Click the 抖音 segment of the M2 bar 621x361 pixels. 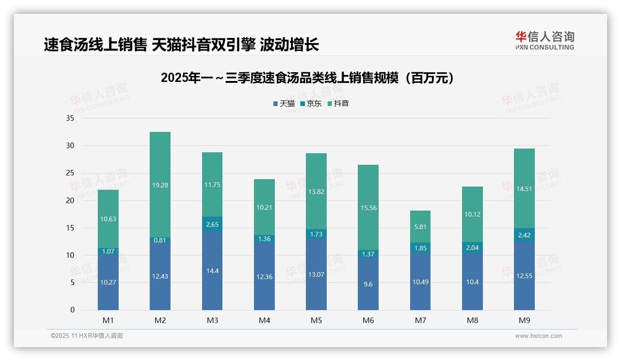[160, 185]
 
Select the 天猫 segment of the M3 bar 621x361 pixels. [212, 271]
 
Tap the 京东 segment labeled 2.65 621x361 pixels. [212, 224]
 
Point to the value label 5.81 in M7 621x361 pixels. [420, 227]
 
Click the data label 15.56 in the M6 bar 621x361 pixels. [368, 208]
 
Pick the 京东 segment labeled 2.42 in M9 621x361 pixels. [524, 235]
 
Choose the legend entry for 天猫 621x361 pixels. [284, 104]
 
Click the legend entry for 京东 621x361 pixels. [311, 104]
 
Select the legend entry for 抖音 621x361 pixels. [338, 104]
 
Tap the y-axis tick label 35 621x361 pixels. [70, 118]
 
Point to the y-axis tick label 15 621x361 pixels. [70, 228]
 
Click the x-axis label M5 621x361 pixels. [317, 320]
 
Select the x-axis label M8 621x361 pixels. [472, 320]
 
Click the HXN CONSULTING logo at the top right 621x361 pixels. [545, 41]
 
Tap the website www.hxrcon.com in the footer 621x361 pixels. [539, 336]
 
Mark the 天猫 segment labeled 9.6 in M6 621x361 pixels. [368, 284]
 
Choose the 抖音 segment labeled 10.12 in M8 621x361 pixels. [472, 214]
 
